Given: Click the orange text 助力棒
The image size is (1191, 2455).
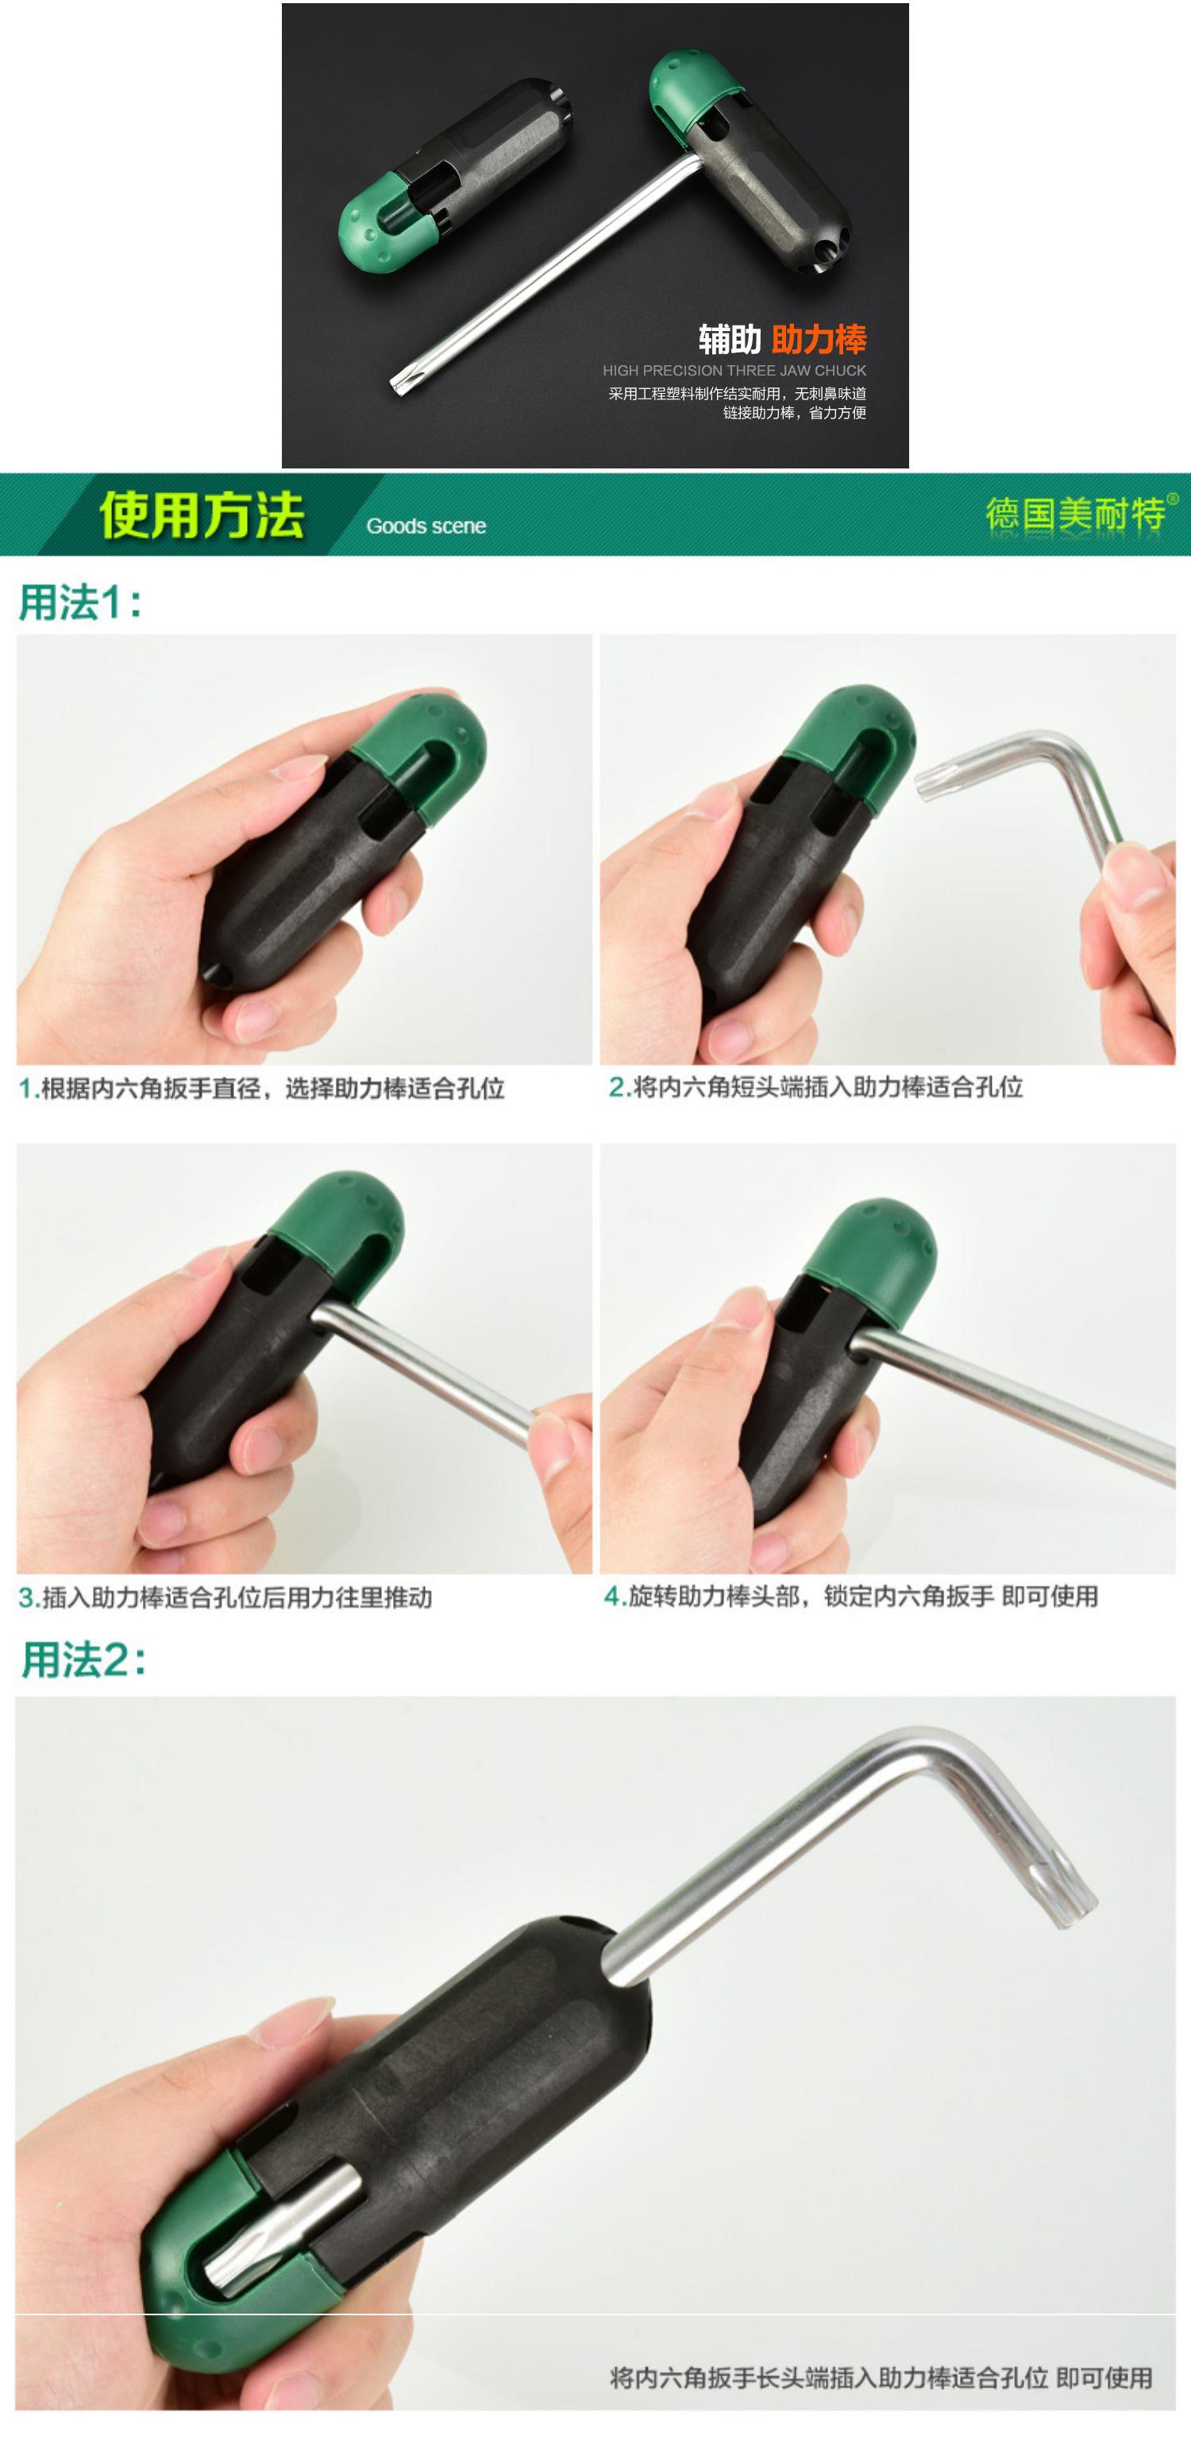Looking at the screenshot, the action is point(819,339).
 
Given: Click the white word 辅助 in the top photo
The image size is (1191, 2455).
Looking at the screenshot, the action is point(729,339).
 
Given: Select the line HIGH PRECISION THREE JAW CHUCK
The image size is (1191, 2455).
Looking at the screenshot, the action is point(734,371).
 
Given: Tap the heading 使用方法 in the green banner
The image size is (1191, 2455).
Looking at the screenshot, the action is point(201,515).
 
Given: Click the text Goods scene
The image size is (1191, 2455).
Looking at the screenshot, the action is point(426,526).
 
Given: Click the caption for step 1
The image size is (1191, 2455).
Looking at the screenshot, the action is point(262,1089).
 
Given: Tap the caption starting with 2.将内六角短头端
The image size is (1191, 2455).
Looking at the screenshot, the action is point(815,1088).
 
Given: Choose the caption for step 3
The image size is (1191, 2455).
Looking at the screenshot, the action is point(225,1597).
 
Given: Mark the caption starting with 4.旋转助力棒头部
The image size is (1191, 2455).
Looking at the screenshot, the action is point(851,1597).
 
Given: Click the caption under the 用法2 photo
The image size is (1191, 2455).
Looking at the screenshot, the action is point(881,2378).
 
